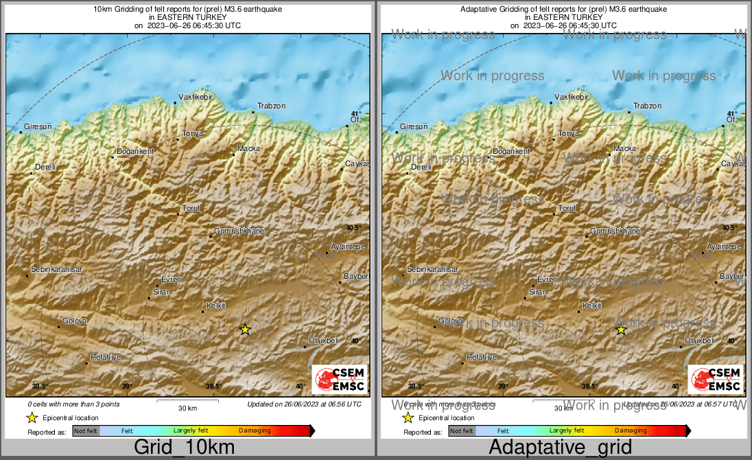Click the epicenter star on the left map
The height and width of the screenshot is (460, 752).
(x=245, y=330)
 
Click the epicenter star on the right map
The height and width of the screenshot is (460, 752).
(x=621, y=330)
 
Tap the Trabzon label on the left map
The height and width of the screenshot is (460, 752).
(x=271, y=106)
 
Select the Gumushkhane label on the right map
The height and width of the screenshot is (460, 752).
(x=615, y=231)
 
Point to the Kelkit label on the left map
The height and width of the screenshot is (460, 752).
(x=216, y=306)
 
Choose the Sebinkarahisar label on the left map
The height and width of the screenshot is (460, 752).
(x=57, y=270)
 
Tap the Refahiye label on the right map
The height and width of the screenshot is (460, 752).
(x=481, y=357)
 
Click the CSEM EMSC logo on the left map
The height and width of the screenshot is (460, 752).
(x=340, y=380)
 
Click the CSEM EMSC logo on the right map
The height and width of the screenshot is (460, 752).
(x=716, y=380)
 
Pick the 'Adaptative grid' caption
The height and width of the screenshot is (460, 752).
(x=560, y=448)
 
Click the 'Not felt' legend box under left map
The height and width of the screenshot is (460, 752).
(x=86, y=431)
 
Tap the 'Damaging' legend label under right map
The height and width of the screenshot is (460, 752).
(x=630, y=431)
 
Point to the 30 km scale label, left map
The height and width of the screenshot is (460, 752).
(x=187, y=408)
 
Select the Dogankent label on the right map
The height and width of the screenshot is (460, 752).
(x=511, y=151)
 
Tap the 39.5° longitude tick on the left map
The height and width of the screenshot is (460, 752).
(x=214, y=387)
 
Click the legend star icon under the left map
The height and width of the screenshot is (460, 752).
(x=32, y=417)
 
